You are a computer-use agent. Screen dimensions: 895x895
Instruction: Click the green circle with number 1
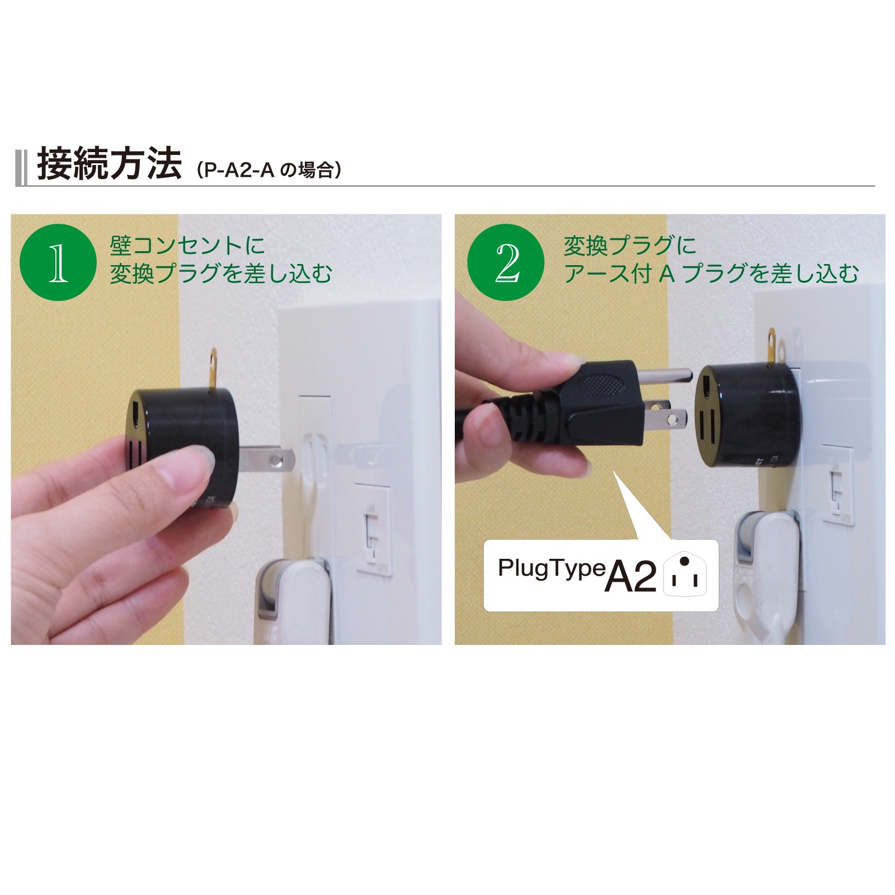(x=58, y=262)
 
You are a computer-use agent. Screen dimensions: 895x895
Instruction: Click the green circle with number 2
(x=506, y=262)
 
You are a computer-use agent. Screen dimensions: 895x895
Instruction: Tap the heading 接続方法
(x=110, y=164)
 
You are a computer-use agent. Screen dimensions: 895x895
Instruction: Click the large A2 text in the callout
(x=630, y=576)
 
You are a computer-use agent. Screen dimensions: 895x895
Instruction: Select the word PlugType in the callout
(x=552, y=569)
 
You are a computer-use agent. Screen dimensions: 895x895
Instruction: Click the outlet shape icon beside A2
(x=685, y=575)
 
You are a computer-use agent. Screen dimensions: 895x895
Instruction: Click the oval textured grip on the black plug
(x=599, y=384)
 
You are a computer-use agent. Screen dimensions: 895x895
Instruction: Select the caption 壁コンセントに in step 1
(x=187, y=246)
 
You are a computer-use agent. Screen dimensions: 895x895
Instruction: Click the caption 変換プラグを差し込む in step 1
(x=220, y=274)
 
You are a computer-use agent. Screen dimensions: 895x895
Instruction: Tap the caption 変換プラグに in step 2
(x=629, y=246)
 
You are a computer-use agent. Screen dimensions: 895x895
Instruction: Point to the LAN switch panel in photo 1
(x=373, y=529)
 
